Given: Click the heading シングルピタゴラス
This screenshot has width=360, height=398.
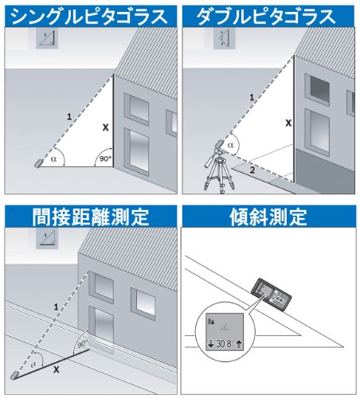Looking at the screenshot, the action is pyautogui.click(x=90, y=17).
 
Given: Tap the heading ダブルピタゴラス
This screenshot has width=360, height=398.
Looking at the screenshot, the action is pyautogui.click(x=266, y=17).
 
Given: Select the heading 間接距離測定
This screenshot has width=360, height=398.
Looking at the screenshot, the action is pyautogui.click(x=91, y=217).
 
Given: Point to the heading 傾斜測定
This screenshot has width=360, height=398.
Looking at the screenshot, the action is pyautogui.click(x=268, y=217).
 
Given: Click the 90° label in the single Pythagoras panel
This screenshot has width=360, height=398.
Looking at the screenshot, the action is pyautogui.click(x=105, y=158).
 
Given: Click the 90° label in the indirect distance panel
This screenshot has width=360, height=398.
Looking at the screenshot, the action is pyautogui.click(x=83, y=344).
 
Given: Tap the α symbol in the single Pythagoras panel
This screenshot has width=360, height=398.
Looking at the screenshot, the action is pyautogui.click(x=54, y=159).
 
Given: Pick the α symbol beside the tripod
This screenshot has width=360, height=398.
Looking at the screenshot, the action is pyautogui.click(x=231, y=145).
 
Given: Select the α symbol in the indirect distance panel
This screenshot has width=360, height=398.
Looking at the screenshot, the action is pyautogui.click(x=33, y=365).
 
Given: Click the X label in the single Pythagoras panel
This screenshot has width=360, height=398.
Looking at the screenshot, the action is pyautogui.click(x=106, y=127).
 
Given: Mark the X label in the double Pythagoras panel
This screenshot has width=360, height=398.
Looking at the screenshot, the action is pyautogui.click(x=288, y=123).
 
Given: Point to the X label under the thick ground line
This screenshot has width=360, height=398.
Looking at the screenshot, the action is pyautogui.click(x=57, y=369).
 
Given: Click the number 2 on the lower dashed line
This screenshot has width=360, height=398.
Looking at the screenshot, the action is pyautogui.click(x=252, y=170).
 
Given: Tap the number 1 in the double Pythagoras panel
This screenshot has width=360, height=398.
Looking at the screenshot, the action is pyautogui.click(x=252, y=98).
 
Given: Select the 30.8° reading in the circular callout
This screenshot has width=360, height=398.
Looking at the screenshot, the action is pyautogui.click(x=225, y=344).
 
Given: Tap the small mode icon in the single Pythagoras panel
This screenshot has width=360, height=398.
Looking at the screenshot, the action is pyautogui.click(x=47, y=38).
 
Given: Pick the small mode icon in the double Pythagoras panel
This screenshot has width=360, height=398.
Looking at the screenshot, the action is pyautogui.click(x=225, y=38).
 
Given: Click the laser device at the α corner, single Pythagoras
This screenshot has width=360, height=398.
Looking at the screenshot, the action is pyautogui.click(x=38, y=163).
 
